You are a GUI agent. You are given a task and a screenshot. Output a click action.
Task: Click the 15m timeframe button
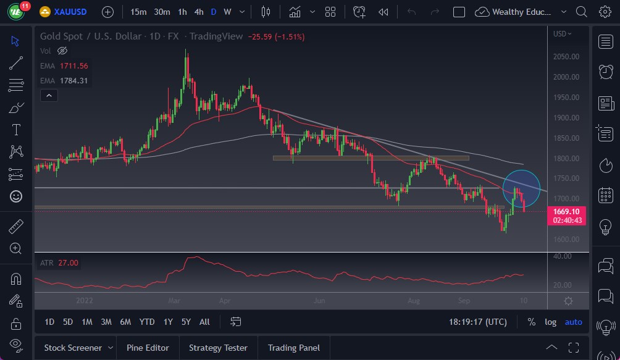tap(138, 12)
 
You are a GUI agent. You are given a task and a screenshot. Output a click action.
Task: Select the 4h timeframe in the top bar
tap(198, 12)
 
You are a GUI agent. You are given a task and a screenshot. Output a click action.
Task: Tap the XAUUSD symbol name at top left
tap(70, 12)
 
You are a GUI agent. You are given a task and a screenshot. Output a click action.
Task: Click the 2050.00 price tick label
tap(566, 57)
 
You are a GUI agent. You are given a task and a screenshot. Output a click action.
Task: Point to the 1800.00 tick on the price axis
tap(566, 158)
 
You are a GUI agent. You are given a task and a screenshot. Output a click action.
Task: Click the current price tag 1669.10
tap(566, 211)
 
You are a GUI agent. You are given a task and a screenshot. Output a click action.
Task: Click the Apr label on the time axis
tap(224, 301)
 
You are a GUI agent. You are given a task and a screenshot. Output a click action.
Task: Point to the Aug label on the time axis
tap(414, 301)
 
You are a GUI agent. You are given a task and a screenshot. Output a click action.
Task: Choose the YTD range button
tap(147, 322)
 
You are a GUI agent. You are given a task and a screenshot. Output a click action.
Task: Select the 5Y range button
tap(186, 322)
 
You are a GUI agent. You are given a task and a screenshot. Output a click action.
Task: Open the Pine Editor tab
tap(148, 348)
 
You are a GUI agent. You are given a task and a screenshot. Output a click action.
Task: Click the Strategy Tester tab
tap(218, 348)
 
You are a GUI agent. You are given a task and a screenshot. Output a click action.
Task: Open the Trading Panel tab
tap(293, 348)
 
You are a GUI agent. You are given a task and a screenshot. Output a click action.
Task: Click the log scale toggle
tap(550, 322)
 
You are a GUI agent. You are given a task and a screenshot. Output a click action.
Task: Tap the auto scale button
tap(573, 322)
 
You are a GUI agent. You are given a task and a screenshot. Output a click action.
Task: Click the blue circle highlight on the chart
tap(522, 187)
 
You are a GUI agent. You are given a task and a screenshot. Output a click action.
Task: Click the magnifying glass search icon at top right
tap(581, 12)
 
